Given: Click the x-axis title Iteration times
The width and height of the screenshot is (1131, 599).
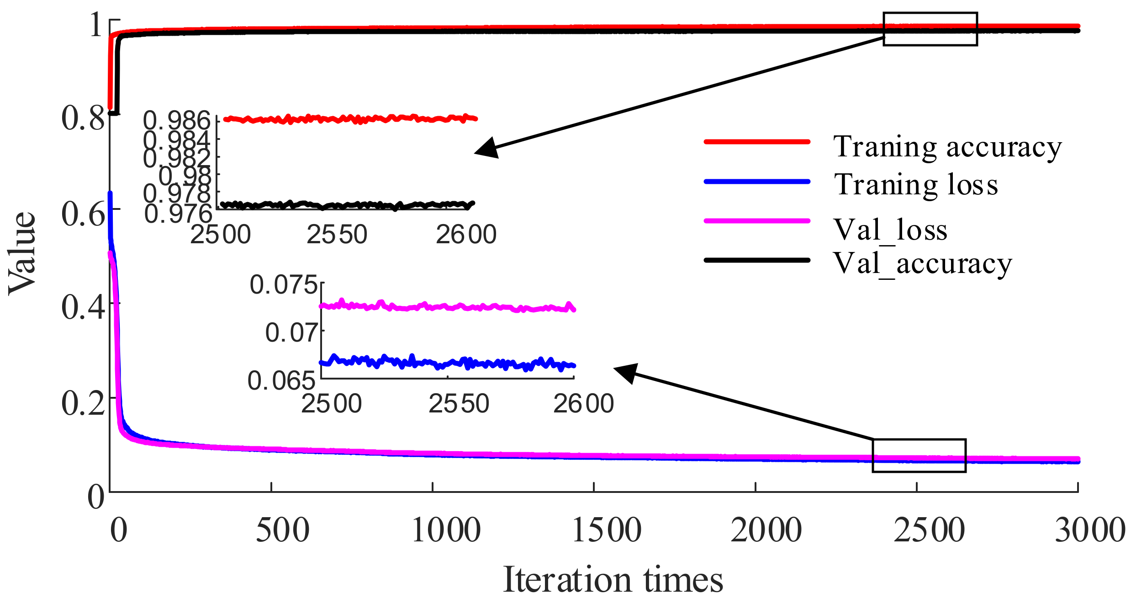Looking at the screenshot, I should coord(613,580).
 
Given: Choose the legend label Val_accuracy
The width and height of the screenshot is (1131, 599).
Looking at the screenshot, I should coord(922,264).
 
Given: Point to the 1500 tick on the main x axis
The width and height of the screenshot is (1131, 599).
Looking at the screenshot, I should coord(607,530).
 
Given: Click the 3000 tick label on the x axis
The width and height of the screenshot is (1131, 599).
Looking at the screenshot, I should coord(1090,530).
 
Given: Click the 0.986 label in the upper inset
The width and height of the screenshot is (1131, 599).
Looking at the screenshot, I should coord(177,121).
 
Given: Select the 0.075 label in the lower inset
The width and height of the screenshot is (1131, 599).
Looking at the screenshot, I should coord(283,285).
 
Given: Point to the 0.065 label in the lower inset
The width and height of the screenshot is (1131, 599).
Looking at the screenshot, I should coord(281,380).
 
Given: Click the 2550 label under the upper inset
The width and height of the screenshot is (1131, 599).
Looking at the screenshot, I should coord(337,235).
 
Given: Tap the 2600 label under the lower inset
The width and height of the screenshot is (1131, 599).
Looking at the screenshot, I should coord(583,404).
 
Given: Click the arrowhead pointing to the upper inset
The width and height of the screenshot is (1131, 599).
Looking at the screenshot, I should coord(487,148).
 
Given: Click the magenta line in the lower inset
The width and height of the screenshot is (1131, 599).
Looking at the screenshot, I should coord(448,307).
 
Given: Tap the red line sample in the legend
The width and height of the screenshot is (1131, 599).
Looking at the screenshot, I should coord(757,142).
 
